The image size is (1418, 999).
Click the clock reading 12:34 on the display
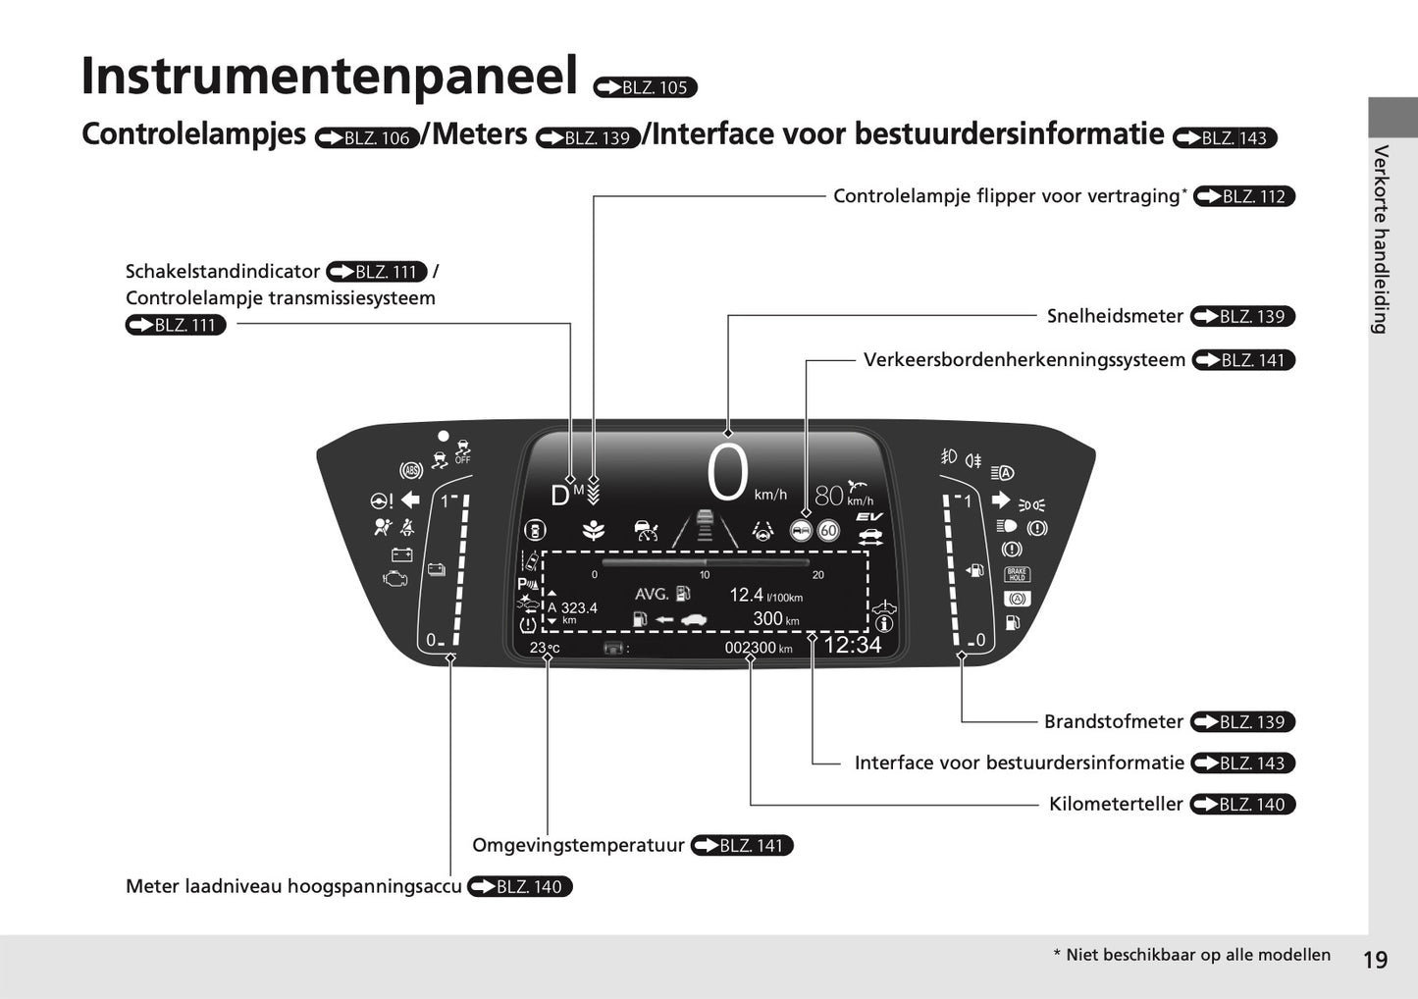coord(852,645)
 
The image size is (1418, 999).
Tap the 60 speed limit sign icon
coord(828,531)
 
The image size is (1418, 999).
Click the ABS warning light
coord(410,470)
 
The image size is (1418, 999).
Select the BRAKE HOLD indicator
coord(1017,575)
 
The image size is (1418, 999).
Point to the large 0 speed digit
coord(727,475)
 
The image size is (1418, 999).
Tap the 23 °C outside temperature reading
coord(545,648)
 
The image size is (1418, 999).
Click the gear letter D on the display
coord(559,497)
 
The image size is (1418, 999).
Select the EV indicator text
coord(868,517)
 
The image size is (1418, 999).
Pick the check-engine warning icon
coord(394,578)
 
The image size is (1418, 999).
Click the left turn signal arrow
coord(410,499)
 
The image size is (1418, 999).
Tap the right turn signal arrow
coord(1001,499)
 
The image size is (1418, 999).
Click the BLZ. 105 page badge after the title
coord(646,87)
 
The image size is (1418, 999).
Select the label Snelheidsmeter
coord(1115,316)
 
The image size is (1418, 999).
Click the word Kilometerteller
coord(1116,804)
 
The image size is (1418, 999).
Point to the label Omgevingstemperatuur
coord(578,845)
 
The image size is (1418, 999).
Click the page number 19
coord(1375,960)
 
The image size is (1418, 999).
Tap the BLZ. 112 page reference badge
coord(1244,196)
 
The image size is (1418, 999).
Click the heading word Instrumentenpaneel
coord(329,77)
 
